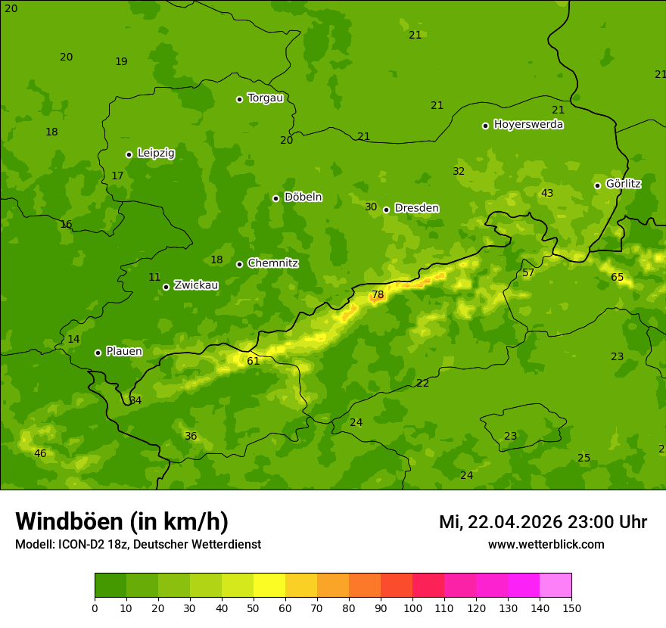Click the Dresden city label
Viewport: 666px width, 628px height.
(416, 208)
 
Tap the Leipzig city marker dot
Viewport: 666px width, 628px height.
(129, 154)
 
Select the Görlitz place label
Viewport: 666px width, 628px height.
(623, 184)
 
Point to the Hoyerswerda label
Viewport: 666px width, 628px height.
(528, 125)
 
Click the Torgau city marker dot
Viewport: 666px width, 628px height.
(239, 99)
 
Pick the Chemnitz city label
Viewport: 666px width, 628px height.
(272, 263)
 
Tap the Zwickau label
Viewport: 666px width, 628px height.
(196, 285)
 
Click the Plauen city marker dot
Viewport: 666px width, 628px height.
(98, 353)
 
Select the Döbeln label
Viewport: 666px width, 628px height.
(303, 197)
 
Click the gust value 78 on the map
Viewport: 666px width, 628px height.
(378, 295)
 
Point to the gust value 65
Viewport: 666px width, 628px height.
(618, 278)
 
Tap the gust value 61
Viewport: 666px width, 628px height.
(254, 361)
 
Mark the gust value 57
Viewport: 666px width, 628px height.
(528, 273)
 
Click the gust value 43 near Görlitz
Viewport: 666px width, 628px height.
(547, 194)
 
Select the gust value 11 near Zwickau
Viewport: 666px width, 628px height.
(154, 278)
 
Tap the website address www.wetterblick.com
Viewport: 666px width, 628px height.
(546, 545)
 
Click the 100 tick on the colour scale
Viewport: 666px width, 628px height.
(412, 608)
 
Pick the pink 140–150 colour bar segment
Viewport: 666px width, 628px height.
(556, 586)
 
